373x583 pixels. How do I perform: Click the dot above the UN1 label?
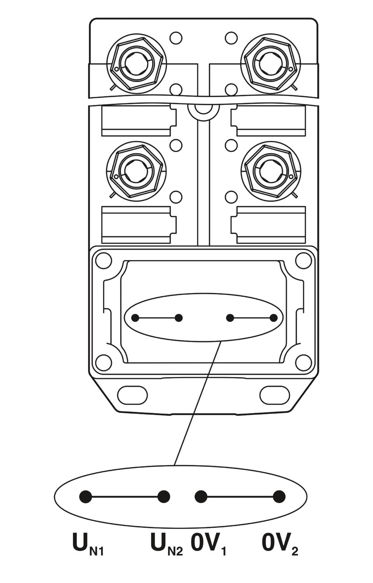[x=85, y=496]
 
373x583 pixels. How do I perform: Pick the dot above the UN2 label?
[x=164, y=496]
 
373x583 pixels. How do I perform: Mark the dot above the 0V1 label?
[x=201, y=496]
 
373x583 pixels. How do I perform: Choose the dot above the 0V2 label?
[x=279, y=496]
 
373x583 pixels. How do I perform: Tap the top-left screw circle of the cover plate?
[x=104, y=260]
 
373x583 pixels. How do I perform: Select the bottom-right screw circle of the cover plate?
[x=303, y=362]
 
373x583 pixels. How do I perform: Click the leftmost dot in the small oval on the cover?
[x=135, y=318]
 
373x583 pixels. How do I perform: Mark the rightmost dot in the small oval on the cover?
[x=273, y=318]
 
